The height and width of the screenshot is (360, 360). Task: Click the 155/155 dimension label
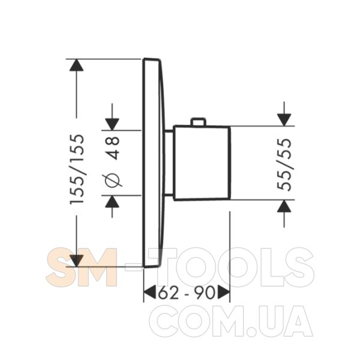pos(77,169)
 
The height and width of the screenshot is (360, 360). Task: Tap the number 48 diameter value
pos(113,148)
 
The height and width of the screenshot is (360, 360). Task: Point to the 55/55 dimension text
pos(284,164)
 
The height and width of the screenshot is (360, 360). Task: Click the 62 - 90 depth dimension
pos(187,293)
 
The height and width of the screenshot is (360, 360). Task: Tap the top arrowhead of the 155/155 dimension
pos(76,65)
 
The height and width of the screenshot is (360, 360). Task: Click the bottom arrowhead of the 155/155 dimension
pos(76,261)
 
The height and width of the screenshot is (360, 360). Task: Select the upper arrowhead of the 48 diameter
pos(112,124)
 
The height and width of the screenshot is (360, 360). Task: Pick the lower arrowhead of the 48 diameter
pos(112,202)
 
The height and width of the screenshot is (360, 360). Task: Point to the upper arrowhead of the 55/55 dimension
pos(284,120)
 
